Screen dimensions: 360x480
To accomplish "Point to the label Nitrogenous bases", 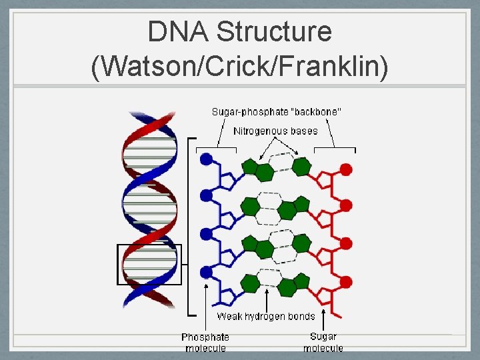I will point(275,131).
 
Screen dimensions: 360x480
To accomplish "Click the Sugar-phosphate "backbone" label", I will point(277,112).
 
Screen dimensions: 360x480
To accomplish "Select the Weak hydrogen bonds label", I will point(266,316).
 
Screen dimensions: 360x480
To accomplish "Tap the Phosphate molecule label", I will point(205,342).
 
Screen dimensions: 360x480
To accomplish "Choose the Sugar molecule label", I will point(323,342).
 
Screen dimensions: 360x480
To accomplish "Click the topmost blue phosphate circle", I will point(206,159).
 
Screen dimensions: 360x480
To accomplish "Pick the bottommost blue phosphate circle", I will point(206,272).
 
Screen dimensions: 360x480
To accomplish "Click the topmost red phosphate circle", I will point(346,169).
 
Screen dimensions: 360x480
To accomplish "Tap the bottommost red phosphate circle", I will point(346,280).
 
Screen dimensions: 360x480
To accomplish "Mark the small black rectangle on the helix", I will point(149,265).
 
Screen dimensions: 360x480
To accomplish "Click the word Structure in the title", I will point(275,32).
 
